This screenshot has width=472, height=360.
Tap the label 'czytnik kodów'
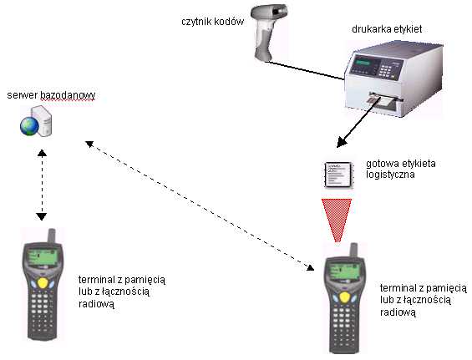coord(212,22)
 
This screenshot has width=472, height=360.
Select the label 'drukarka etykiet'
coord(387,29)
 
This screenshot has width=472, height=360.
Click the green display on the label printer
coord(363,63)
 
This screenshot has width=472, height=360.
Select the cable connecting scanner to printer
coord(305,71)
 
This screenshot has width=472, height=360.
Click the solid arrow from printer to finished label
coord(357,125)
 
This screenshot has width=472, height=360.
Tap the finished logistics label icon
coord(338,175)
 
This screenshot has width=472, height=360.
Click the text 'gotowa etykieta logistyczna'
coord(401,169)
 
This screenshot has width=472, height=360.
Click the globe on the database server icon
coord(29,126)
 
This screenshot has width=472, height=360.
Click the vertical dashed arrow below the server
coord(42,185)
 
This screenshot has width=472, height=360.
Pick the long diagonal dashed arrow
coord(200,205)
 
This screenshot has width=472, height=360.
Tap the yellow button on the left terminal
coord(43,283)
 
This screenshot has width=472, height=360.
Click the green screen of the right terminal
coord(343,271)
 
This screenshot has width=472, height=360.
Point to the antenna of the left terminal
coord(52,236)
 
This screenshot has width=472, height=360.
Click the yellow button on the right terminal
coord(345,297)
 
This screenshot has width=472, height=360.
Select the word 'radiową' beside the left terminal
coord(96,304)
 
